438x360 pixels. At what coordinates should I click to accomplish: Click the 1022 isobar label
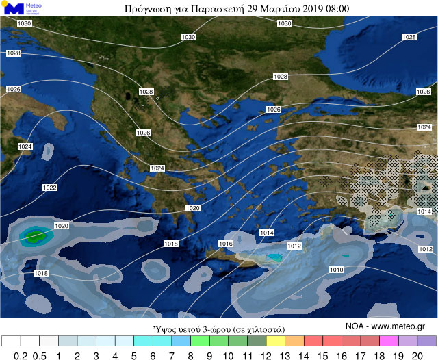[49, 188]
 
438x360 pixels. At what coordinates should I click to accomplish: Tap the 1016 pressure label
[226, 244]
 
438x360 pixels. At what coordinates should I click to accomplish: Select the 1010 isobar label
[336, 270]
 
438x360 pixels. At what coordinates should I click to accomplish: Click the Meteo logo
[21, 9]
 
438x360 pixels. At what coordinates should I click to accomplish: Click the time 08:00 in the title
[335, 9]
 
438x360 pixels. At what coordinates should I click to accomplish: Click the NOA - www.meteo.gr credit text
[385, 326]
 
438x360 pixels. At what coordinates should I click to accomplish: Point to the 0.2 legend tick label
[21, 355]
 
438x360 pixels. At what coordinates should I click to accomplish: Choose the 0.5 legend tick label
[40, 355]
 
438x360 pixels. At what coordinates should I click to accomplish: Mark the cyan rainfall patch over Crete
[275, 258]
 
